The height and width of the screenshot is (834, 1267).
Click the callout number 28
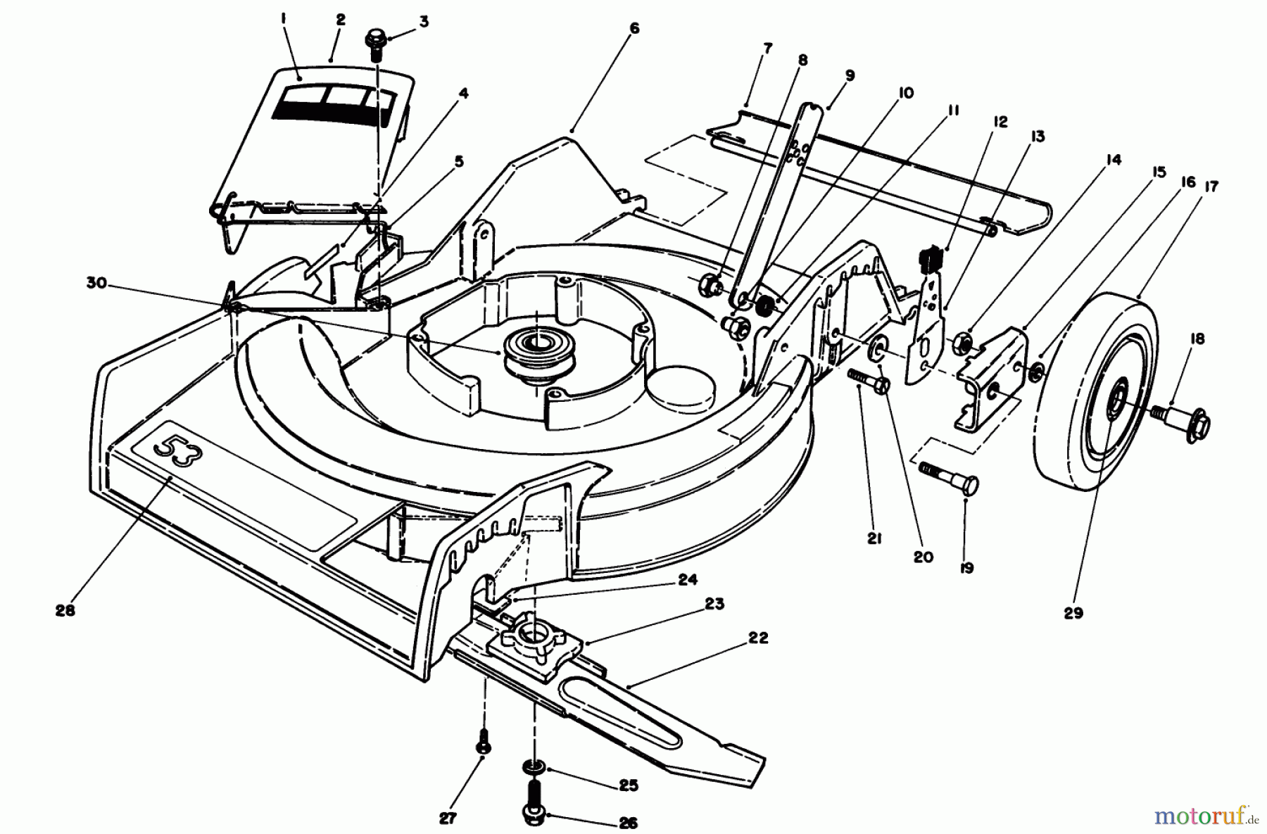pos(65,611)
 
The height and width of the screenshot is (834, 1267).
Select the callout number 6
pos(635,29)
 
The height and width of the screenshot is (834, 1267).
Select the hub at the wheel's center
pos(1116,405)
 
